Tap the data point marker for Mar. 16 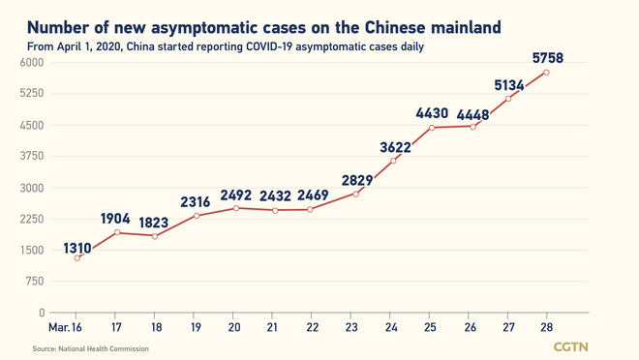76,257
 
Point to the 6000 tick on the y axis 32,63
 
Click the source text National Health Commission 92,348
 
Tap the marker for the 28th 547,73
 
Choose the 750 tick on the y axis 35,282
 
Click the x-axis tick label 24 390,327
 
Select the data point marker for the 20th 233,208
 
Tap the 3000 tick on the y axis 32,188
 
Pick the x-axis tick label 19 195,327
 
